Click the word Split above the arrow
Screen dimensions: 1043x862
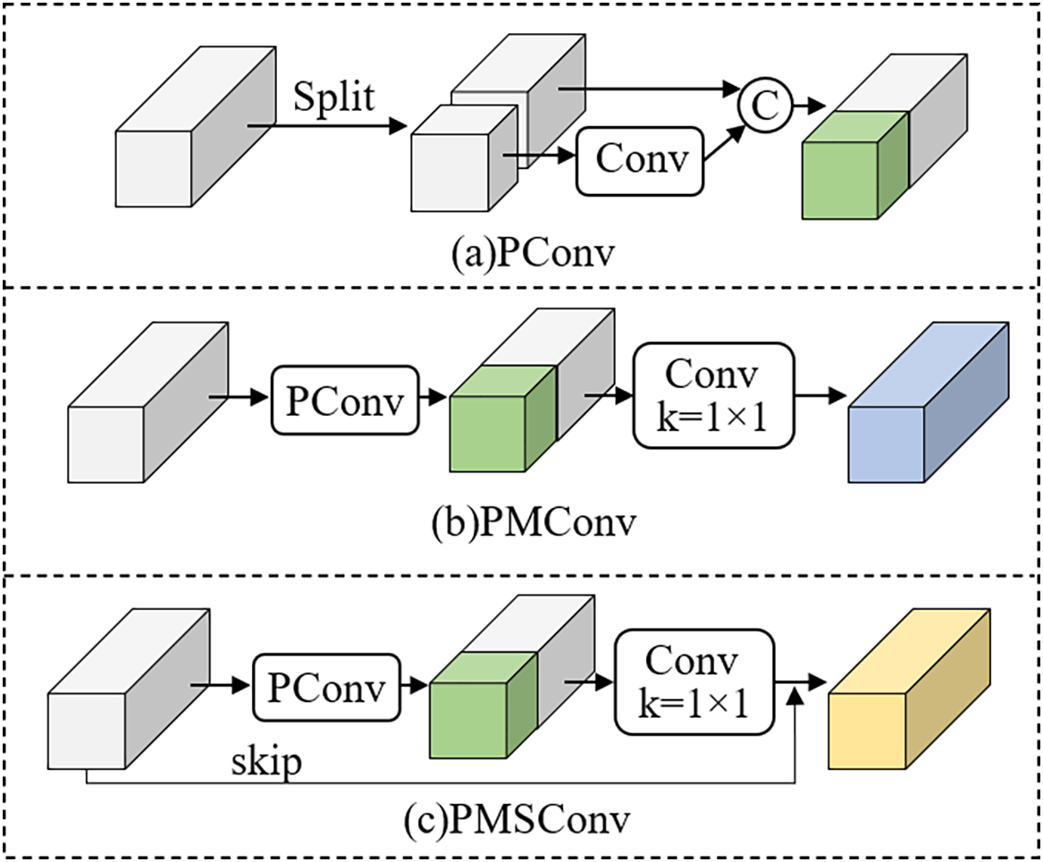click(334, 97)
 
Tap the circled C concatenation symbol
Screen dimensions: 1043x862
click(765, 106)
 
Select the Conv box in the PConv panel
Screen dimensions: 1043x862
click(640, 161)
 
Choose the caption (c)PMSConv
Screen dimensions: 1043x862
click(517, 820)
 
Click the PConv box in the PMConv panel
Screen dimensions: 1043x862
click(345, 400)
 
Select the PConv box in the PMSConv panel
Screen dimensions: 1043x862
click(326, 688)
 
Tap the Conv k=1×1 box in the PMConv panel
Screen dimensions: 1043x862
click(713, 395)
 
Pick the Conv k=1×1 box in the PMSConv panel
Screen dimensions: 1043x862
click(694, 683)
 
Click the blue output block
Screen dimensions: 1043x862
click(929, 402)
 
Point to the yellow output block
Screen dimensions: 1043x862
click(909, 689)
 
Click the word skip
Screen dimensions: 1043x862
click(266, 762)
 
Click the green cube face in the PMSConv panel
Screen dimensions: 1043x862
click(468, 720)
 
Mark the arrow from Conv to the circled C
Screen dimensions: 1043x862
click(725, 142)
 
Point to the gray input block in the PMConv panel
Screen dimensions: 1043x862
click(147, 402)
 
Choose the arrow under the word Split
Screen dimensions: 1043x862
click(326, 125)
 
